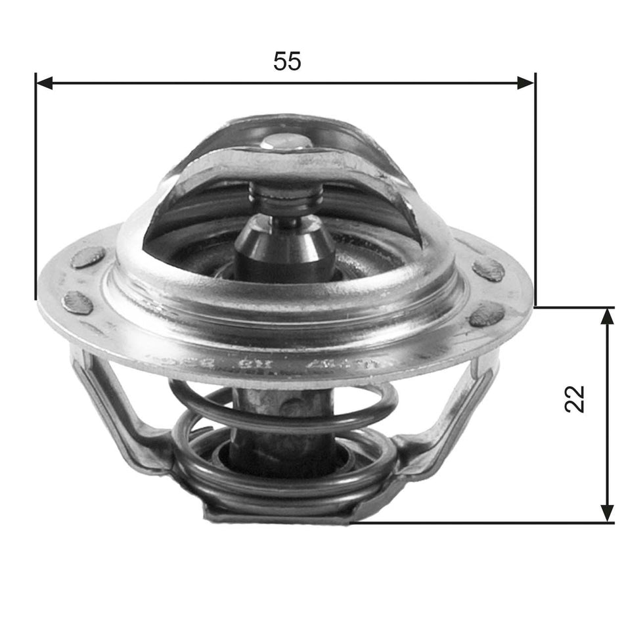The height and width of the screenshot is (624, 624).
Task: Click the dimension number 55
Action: [x=287, y=61]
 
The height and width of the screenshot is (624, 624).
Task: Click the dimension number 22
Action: [x=575, y=398]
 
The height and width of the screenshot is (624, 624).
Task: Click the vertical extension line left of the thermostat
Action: [x=35, y=190]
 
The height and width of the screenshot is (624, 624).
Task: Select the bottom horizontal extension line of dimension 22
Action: [x=479, y=523]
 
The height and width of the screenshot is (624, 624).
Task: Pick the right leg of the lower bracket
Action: [x=453, y=414]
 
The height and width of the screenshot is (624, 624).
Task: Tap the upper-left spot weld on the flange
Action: [x=87, y=257]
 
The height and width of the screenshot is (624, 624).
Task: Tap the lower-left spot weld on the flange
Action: [x=78, y=303]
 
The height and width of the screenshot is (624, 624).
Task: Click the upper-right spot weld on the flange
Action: [x=488, y=269]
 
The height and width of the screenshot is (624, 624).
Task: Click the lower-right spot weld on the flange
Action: [x=487, y=315]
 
